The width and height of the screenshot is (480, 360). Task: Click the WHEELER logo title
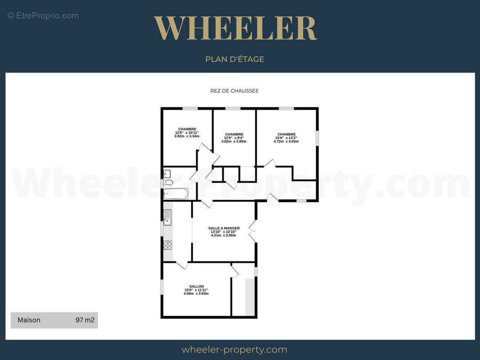(x=235, y=28)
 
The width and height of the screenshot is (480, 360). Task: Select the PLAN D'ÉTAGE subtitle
(x=235, y=59)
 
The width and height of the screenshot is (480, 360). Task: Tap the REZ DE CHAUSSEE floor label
(x=235, y=91)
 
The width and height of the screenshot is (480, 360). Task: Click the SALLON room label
(x=196, y=287)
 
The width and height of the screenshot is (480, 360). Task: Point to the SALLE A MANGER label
(x=224, y=228)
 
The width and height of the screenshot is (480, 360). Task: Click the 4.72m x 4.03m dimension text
(x=286, y=141)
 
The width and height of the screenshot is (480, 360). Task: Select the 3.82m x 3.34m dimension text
(x=187, y=136)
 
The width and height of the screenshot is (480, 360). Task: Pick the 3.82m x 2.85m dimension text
(x=234, y=141)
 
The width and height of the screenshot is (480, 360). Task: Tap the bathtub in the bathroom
(x=176, y=194)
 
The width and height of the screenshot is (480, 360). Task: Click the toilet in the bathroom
(x=168, y=183)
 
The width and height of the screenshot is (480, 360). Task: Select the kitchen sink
(x=168, y=217)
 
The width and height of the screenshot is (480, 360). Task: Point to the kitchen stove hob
(x=168, y=245)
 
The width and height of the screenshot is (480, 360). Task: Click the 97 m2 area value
(x=85, y=320)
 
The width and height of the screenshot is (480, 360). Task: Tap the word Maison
(x=29, y=320)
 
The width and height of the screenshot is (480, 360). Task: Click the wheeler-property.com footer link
(x=234, y=350)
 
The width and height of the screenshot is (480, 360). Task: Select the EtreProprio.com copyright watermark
(x=43, y=16)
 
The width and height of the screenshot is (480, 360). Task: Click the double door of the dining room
(x=252, y=231)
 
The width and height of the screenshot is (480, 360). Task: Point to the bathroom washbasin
(x=167, y=174)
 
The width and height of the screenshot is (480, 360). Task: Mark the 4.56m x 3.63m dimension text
(x=196, y=294)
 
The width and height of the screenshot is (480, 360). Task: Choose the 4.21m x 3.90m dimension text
(x=223, y=235)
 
